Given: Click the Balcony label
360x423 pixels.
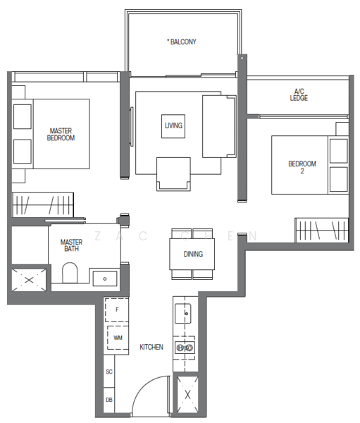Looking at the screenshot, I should click(182, 42).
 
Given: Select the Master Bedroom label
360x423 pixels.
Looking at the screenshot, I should click(61, 134).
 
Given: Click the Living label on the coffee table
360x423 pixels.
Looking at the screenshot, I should click(173, 125).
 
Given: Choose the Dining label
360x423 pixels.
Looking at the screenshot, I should click(194, 254).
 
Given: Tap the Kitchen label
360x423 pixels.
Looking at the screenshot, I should click(151, 347).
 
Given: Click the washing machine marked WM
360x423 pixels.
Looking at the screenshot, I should click(117, 338).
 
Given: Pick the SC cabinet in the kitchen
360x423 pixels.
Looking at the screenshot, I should click(109, 371).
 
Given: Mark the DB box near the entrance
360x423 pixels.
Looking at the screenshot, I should click(109, 399).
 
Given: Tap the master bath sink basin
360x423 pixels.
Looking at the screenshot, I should click(105, 278).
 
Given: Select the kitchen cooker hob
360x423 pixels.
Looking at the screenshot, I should click(185, 348).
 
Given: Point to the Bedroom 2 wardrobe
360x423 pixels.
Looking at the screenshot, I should click(321, 230).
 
